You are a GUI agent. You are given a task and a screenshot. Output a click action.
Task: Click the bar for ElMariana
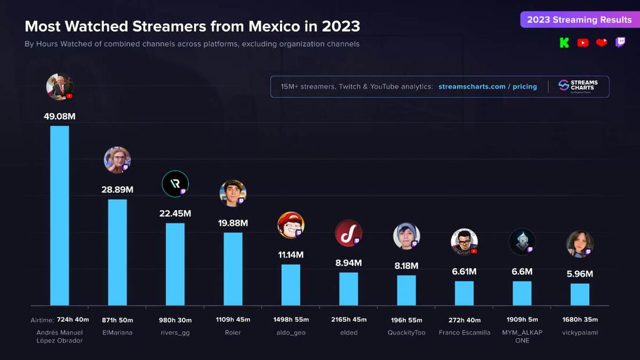117,252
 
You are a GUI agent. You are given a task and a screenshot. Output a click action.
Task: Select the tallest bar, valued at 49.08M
59,215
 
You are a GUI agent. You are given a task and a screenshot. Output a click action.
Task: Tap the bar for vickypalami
580,294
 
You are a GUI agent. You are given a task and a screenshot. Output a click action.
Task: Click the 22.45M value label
175,214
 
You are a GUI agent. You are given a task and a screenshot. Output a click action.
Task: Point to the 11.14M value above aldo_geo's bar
290,255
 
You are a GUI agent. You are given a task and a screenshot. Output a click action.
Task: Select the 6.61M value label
464,272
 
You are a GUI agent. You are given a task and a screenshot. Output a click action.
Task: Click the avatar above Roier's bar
233,193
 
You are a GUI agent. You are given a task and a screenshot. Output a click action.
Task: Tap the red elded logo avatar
348,233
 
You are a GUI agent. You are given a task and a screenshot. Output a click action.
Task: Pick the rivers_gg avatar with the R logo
175,184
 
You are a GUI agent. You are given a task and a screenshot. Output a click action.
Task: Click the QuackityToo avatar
406,236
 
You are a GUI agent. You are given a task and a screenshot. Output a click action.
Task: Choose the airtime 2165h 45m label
348,320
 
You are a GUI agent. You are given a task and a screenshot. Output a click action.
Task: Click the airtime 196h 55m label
406,320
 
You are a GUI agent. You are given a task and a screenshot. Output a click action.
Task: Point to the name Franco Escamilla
464,333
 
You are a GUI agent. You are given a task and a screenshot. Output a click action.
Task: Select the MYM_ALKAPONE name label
522,336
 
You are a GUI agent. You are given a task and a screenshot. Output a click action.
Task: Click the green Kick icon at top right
564,42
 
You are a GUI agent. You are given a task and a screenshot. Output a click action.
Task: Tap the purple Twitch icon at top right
620,42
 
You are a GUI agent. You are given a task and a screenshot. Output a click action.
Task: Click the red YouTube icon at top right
583,42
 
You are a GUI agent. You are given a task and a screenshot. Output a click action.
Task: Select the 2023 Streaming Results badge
579,20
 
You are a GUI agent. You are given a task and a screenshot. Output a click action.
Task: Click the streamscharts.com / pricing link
487,87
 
